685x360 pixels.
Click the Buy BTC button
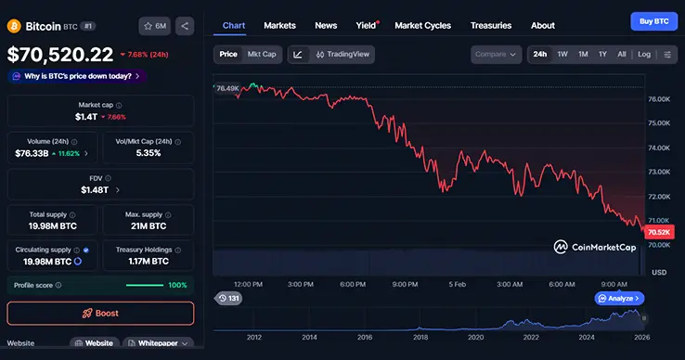point(654,20)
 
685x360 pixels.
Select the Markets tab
point(280,25)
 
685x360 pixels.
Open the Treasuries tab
point(490,25)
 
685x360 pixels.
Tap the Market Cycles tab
point(427,25)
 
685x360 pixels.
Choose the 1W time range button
point(562,54)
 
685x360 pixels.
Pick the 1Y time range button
point(602,54)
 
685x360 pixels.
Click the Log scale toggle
point(644,54)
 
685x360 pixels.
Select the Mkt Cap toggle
point(262,54)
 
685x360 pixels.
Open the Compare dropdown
point(497,54)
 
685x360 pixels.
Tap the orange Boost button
point(101,313)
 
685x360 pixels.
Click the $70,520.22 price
point(60,55)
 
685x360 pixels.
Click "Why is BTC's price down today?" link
point(79,76)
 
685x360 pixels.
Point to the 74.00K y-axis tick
point(659,148)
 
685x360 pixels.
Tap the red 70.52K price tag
point(658,231)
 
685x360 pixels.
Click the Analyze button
point(620,299)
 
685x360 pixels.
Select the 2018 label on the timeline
point(420,337)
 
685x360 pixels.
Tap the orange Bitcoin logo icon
point(15,26)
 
